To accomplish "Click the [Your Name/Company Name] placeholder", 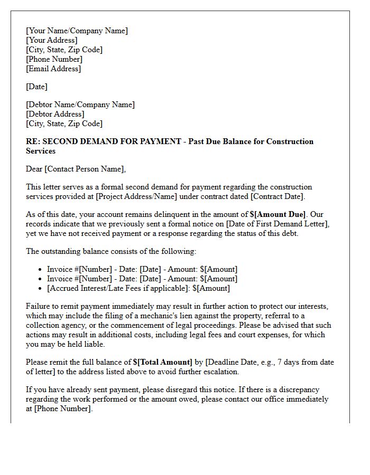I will pos(77,31).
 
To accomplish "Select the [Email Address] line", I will pos(53,69).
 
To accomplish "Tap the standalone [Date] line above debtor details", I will pos(36,87).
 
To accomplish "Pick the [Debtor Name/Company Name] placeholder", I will pos(80,104).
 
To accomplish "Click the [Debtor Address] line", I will pos(55,114).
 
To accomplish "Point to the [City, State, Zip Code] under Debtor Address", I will pos(64,123).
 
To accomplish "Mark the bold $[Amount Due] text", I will pos(277,214).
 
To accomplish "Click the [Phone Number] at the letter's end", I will pos(63,408).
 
